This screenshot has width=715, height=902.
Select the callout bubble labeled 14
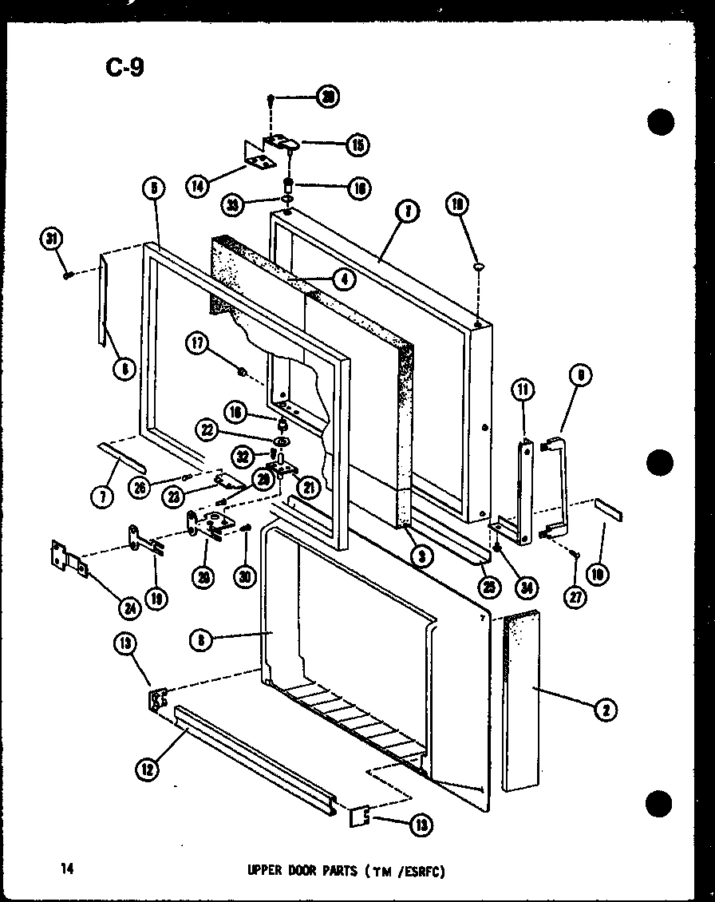click(x=197, y=186)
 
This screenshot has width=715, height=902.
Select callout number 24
click(x=129, y=608)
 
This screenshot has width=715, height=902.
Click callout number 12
click(x=147, y=769)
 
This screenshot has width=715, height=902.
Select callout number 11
click(x=523, y=391)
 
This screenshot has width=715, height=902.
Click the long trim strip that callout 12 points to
click(x=255, y=752)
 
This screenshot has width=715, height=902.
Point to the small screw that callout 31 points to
click(x=69, y=275)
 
